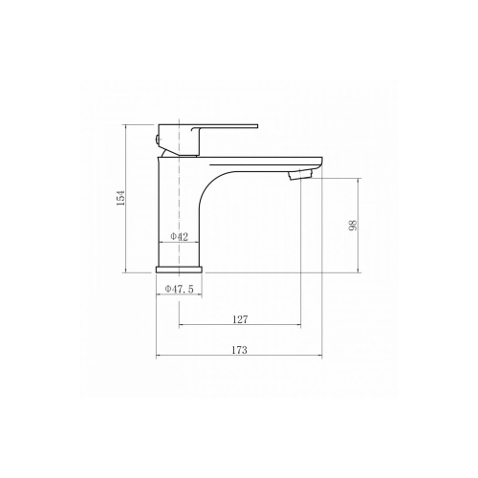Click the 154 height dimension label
[120, 198]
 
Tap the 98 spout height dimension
[353, 225]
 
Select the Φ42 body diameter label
[180, 236]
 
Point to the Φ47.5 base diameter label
[179, 289]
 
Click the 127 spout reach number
[240, 319]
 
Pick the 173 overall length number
[239, 350]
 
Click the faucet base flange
[179, 270]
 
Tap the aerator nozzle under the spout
[300, 175]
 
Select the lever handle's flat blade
[225, 127]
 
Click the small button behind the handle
[157, 139]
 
